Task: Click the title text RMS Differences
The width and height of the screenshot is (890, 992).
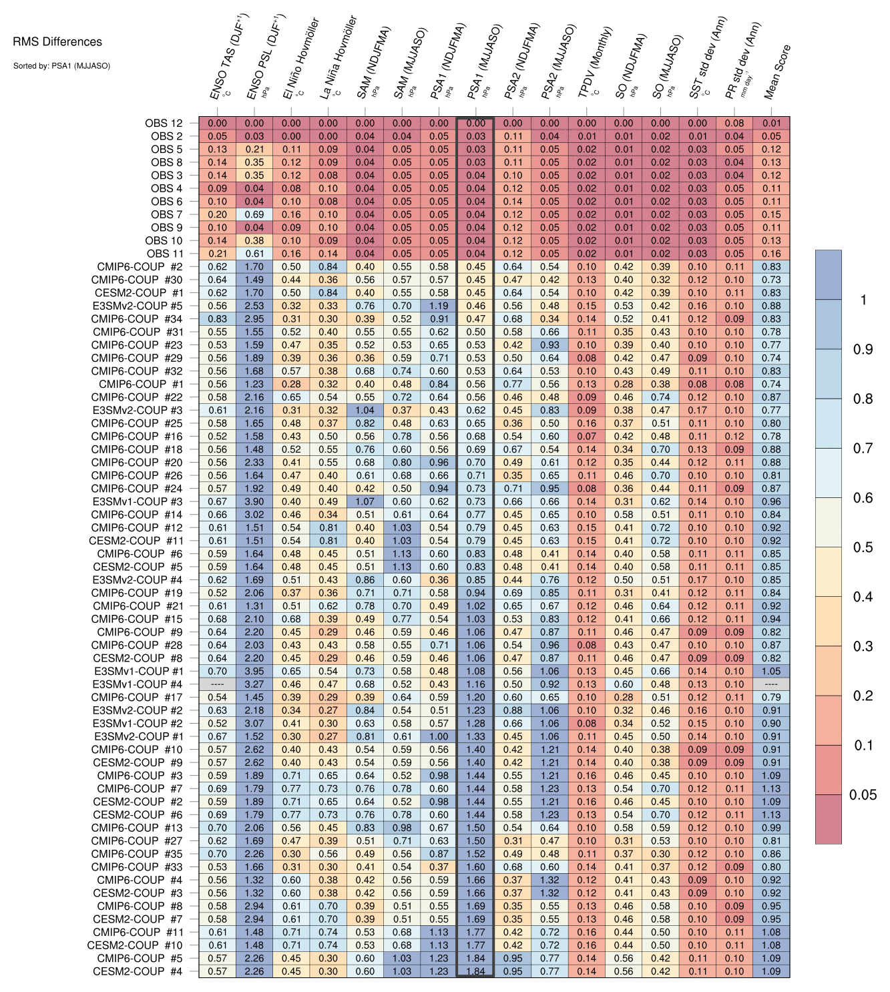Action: pos(57,42)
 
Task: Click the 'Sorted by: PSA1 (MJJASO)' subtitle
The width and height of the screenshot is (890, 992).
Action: pos(61,65)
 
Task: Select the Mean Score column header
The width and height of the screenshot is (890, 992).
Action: pos(776,72)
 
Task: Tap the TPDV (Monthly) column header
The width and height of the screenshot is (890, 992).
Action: pos(594,63)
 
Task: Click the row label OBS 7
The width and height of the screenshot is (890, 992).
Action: pos(166,214)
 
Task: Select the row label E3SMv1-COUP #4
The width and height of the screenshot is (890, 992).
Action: pos(138,684)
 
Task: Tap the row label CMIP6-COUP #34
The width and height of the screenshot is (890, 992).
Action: pos(137,319)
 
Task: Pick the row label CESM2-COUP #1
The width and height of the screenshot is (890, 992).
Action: pos(138,293)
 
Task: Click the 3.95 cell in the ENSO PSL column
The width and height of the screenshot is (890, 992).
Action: pos(254,671)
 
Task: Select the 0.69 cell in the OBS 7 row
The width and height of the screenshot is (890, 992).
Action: pos(254,214)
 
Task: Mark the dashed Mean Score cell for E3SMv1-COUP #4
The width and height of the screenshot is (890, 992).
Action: pos(771,684)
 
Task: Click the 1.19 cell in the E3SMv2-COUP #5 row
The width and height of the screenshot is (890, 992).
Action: pos(439,306)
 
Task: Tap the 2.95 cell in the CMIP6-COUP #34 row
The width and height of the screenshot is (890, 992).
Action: pos(254,319)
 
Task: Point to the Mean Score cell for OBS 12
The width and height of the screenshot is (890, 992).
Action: pos(771,123)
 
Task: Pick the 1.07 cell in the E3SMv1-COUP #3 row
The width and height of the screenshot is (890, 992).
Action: pos(365,501)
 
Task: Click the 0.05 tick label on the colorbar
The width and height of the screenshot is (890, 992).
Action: pos(863,794)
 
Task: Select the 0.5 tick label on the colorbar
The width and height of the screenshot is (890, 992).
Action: pos(863,547)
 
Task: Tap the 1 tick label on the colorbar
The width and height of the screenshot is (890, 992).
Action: pos(863,300)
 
